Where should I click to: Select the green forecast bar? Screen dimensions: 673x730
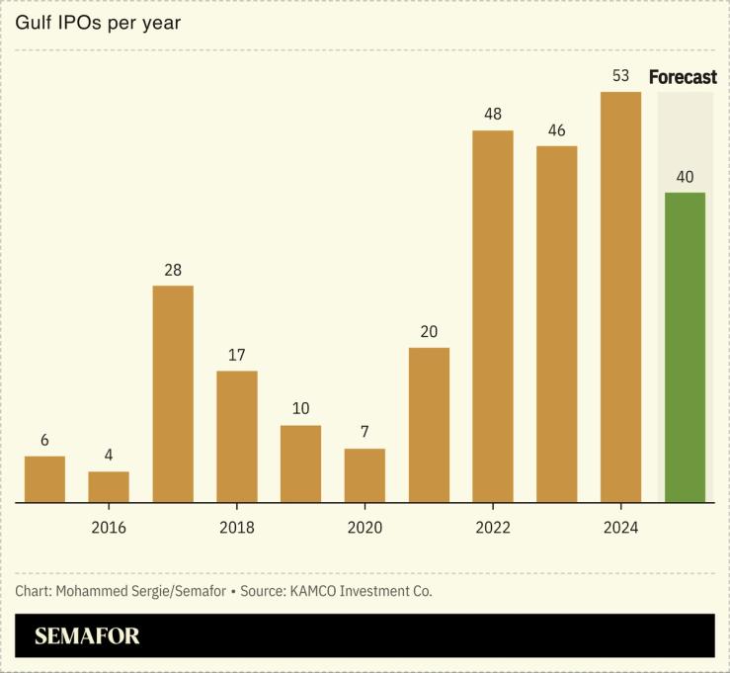click(x=685, y=347)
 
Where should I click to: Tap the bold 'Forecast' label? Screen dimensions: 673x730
click(x=683, y=78)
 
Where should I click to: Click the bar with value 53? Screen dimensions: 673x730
click(x=620, y=296)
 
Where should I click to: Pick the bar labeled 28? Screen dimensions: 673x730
click(x=173, y=393)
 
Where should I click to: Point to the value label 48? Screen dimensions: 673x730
click(x=493, y=115)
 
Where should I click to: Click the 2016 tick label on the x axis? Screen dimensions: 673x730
click(x=109, y=528)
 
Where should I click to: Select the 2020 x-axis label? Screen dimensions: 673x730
click(x=365, y=528)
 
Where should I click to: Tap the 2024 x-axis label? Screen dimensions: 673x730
click(x=620, y=528)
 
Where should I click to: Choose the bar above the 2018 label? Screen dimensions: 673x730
click(x=236, y=436)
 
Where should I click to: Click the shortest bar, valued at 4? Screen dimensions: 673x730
click(x=109, y=486)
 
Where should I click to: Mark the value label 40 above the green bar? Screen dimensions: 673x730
click(x=685, y=178)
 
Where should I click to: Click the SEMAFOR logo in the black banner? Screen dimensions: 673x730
click(x=87, y=636)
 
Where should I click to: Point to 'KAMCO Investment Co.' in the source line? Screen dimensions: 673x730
click(x=360, y=591)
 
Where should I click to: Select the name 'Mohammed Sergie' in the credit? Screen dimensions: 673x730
click(x=108, y=591)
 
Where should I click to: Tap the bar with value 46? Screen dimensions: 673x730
click(x=556, y=324)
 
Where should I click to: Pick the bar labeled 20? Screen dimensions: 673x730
click(x=429, y=425)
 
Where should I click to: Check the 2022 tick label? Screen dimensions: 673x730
click(x=493, y=528)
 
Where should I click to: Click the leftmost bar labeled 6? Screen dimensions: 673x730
click(x=44, y=479)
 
